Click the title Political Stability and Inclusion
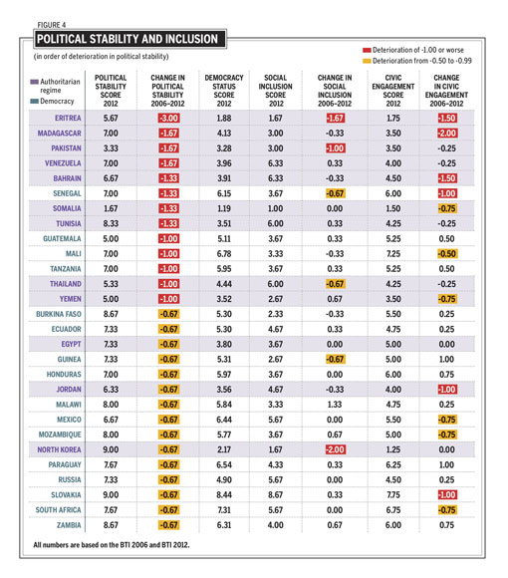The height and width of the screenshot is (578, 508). tap(127, 39)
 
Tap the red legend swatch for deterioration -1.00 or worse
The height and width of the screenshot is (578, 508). tap(367, 50)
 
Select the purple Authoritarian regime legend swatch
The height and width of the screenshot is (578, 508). tap(34, 82)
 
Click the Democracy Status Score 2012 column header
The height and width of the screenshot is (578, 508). tap(224, 91)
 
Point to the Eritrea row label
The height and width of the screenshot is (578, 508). tap(68, 118)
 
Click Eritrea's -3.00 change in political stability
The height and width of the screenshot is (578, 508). tap(168, 118)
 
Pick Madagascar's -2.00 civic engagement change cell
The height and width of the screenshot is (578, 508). tap(447, 134)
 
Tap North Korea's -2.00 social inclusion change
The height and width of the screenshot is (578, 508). tap(335, 449)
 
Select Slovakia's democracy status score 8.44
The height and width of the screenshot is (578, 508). tap(224, 495)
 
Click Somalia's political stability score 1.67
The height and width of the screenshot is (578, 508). tap(111, 208)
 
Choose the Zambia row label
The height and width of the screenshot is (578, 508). tap(69, 525)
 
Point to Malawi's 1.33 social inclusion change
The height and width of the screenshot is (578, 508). tap(335, 405)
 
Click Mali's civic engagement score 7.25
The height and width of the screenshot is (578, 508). tap(393, 254)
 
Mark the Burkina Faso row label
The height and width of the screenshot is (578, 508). tap(59, 314)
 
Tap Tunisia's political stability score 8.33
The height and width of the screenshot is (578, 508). tap(111, 224)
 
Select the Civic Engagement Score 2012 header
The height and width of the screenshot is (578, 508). tap(393, 91)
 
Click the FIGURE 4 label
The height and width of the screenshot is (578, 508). tap(52, 25)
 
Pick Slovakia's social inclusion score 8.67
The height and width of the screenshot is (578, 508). tap(276, 495)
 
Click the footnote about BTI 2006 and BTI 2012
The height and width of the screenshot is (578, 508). tap(112, 545)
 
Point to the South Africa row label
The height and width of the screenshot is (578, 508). tap(58, 510)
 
